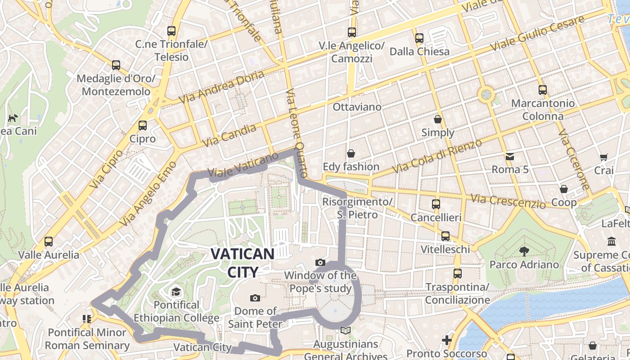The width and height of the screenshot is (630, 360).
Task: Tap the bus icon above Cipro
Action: [143, 126]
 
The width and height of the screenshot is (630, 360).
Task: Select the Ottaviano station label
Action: [357, 107]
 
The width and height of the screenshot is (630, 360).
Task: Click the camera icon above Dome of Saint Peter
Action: [255, 298]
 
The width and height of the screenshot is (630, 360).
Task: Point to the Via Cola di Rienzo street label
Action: [437, 156]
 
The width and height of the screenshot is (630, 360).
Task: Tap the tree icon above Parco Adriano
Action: [524, 251]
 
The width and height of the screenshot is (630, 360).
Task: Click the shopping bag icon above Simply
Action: [438, 120]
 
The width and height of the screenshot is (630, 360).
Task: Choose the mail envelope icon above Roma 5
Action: [510, 157]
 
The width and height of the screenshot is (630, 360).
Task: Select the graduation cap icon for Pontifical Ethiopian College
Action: [176, 292]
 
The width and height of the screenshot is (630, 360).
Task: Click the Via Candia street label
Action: [229, 135]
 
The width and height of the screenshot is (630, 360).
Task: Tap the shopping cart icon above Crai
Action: [603, 157]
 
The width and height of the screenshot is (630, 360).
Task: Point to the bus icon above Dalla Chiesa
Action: [419, 38]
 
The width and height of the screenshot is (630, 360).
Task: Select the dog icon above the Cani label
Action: [13, 118]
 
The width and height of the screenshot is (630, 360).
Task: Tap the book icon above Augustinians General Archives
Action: [346, 331]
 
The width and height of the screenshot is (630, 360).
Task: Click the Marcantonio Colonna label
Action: [543, 110]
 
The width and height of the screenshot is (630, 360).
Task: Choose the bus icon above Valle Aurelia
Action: [49, 242]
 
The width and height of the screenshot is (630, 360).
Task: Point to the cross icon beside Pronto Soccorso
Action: [446, 340]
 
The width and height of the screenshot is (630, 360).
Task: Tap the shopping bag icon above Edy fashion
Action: [351, 153]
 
